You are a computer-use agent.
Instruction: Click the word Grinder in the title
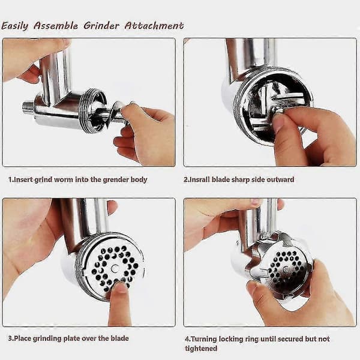pyautogui.click(x=101, y=26)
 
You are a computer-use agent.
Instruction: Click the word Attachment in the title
pyautogui.click(x=154, y=26)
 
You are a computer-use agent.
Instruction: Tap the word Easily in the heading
pyautogui.click(x=14, y=26)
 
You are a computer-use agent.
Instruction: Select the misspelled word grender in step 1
pyautogui.click(x=116, y=179)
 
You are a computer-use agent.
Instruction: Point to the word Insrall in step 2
pyautogui.click(x=199, y=179)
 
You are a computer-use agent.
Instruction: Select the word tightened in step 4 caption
pyautogui.click(x=201, y=349)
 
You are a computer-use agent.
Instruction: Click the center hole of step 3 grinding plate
pyautogui.click(x=115, y=268)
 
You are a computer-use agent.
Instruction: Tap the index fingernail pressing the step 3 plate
pyautogui.click(x=121, y=287)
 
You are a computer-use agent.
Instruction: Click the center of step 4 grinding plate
pyautogui.click(x=286, y=269)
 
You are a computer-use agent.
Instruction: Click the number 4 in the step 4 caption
pyautogui.click(x=187, y=340)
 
